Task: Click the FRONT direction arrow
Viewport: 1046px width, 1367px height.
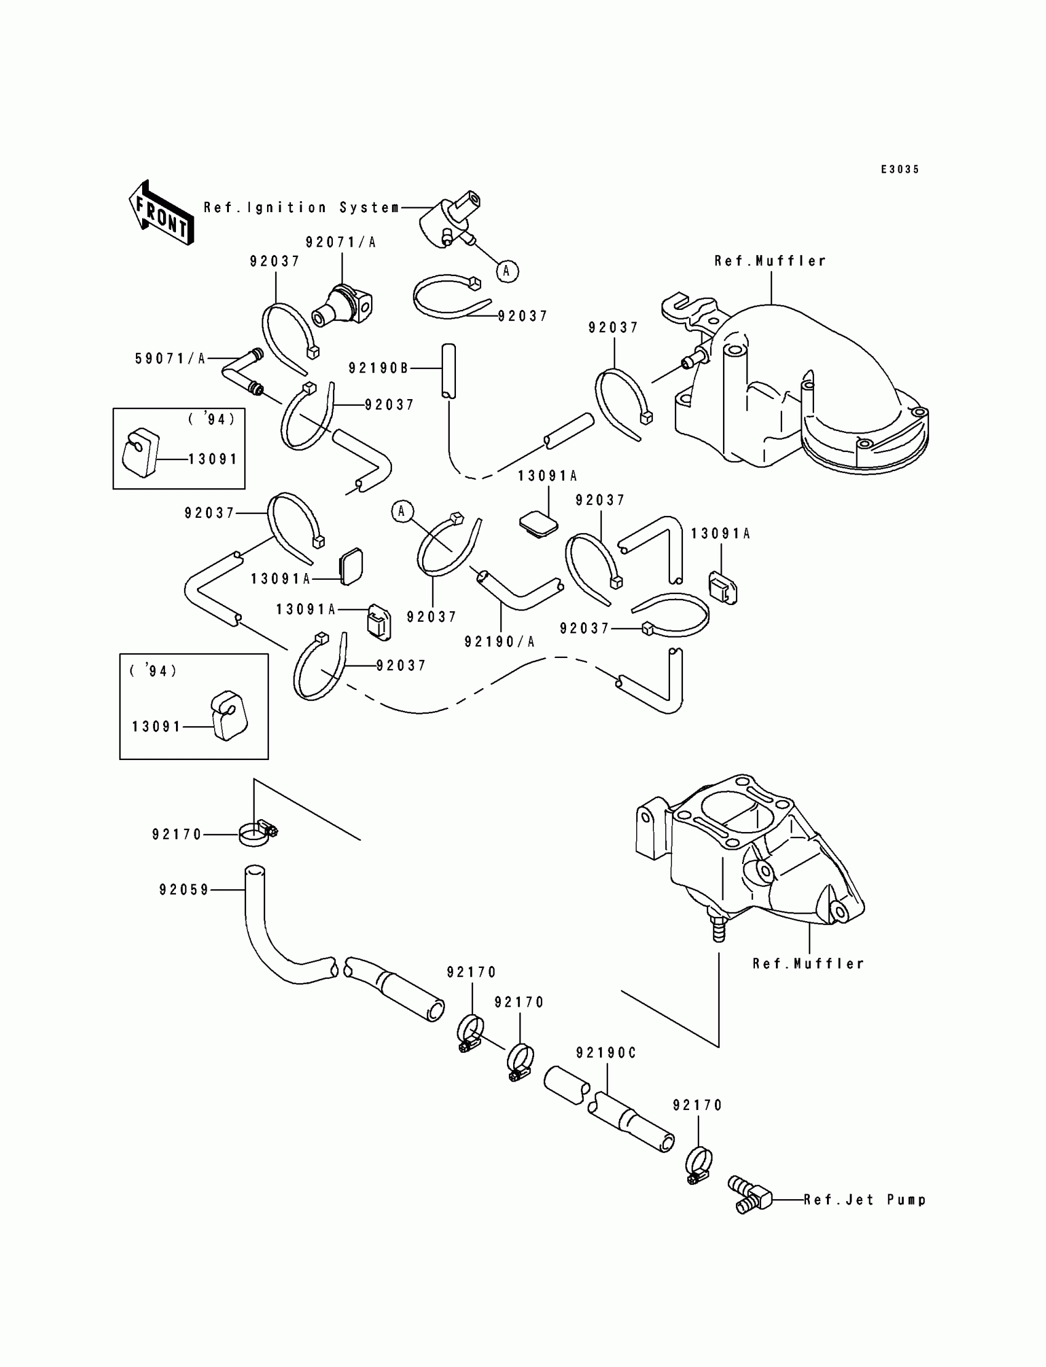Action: click(x=161, y=213)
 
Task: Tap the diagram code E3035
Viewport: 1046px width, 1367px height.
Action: click(x=900, y=169)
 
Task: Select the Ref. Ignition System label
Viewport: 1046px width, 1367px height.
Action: click(x=302, y=208)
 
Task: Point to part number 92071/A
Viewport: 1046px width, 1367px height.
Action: click(x=341, y=243)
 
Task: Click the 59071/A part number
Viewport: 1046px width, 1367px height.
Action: click(x=170, y=359)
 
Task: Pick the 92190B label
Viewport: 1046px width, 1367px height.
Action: click(x=378, y=368)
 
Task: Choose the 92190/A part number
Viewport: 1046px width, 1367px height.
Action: click(x=500, y=641)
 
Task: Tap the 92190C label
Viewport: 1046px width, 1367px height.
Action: click(x=606, y=1053)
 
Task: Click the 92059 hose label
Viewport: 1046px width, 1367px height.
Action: click(x=185, y=890)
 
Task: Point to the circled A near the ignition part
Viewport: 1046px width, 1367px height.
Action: click(x=507, y=271)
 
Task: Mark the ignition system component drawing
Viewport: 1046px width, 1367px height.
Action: click(x=450, y=221)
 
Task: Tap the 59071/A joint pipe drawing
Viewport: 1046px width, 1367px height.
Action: click(x=242, y=372)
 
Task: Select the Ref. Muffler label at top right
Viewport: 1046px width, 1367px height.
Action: click(x=770, y=261)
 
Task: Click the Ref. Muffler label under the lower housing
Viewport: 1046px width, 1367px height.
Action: click(x=808, y=964)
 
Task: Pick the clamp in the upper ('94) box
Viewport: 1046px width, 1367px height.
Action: click(x=140, y=453)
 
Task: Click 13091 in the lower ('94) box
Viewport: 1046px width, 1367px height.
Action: click(x=156, y=727)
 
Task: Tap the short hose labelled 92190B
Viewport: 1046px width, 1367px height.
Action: click(x=449, y=371)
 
